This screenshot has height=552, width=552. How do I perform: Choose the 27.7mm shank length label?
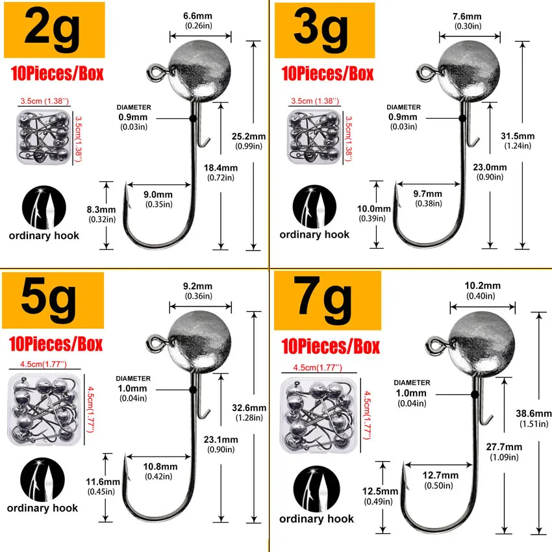pyautogui.click(x=503, y=447)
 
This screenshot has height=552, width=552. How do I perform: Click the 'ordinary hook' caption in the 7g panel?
pyautogui.click(x=317, y=518)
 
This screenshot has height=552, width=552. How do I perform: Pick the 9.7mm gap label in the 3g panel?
pyautogui.click(x=427, y=194)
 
